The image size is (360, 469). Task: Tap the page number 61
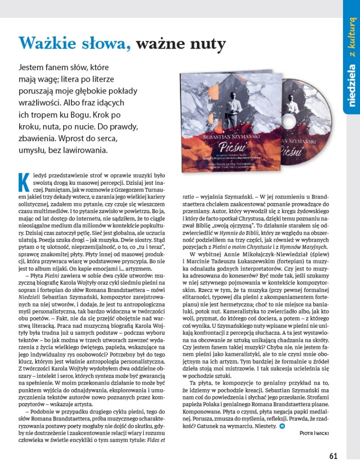[x=333, y=456]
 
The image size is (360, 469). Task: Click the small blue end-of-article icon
[x=282, y=426]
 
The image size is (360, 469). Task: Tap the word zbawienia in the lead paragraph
[x=36, y=138]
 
